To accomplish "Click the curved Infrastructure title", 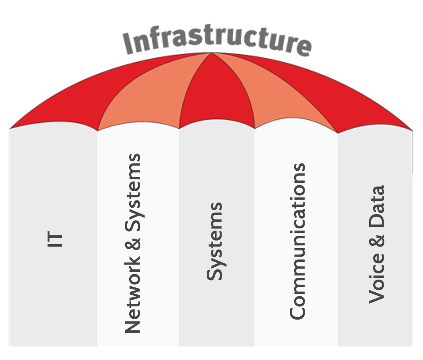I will click(x=217, y=40).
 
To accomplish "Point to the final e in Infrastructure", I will click(x=303, y=47).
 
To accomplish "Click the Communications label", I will click(x=297, y=241).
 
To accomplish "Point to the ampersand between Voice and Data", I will click(x=377, y=240).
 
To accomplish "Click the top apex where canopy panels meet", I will click(x=210, y=54).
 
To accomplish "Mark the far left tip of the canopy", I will click(x=10, y=128).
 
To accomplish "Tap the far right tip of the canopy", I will click(x=412, y=129).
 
